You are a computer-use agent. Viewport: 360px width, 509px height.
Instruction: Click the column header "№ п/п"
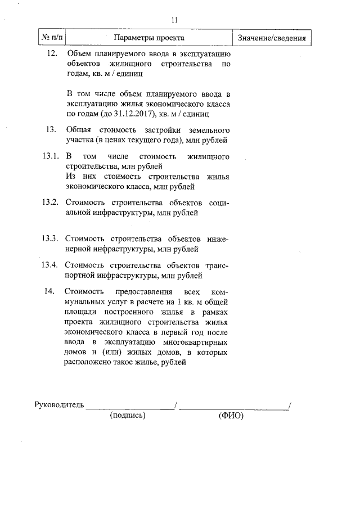(51, 38)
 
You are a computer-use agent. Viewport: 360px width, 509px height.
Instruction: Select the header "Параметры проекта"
(149, 38)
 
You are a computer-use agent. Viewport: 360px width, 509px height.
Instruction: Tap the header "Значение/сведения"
(272, 38)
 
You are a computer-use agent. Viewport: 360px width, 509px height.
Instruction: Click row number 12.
(51, 53)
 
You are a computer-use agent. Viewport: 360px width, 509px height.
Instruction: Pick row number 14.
(49, 291)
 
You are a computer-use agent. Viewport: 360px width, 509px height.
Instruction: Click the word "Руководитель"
(59, 404)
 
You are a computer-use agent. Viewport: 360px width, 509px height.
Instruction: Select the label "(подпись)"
(129, 416)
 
